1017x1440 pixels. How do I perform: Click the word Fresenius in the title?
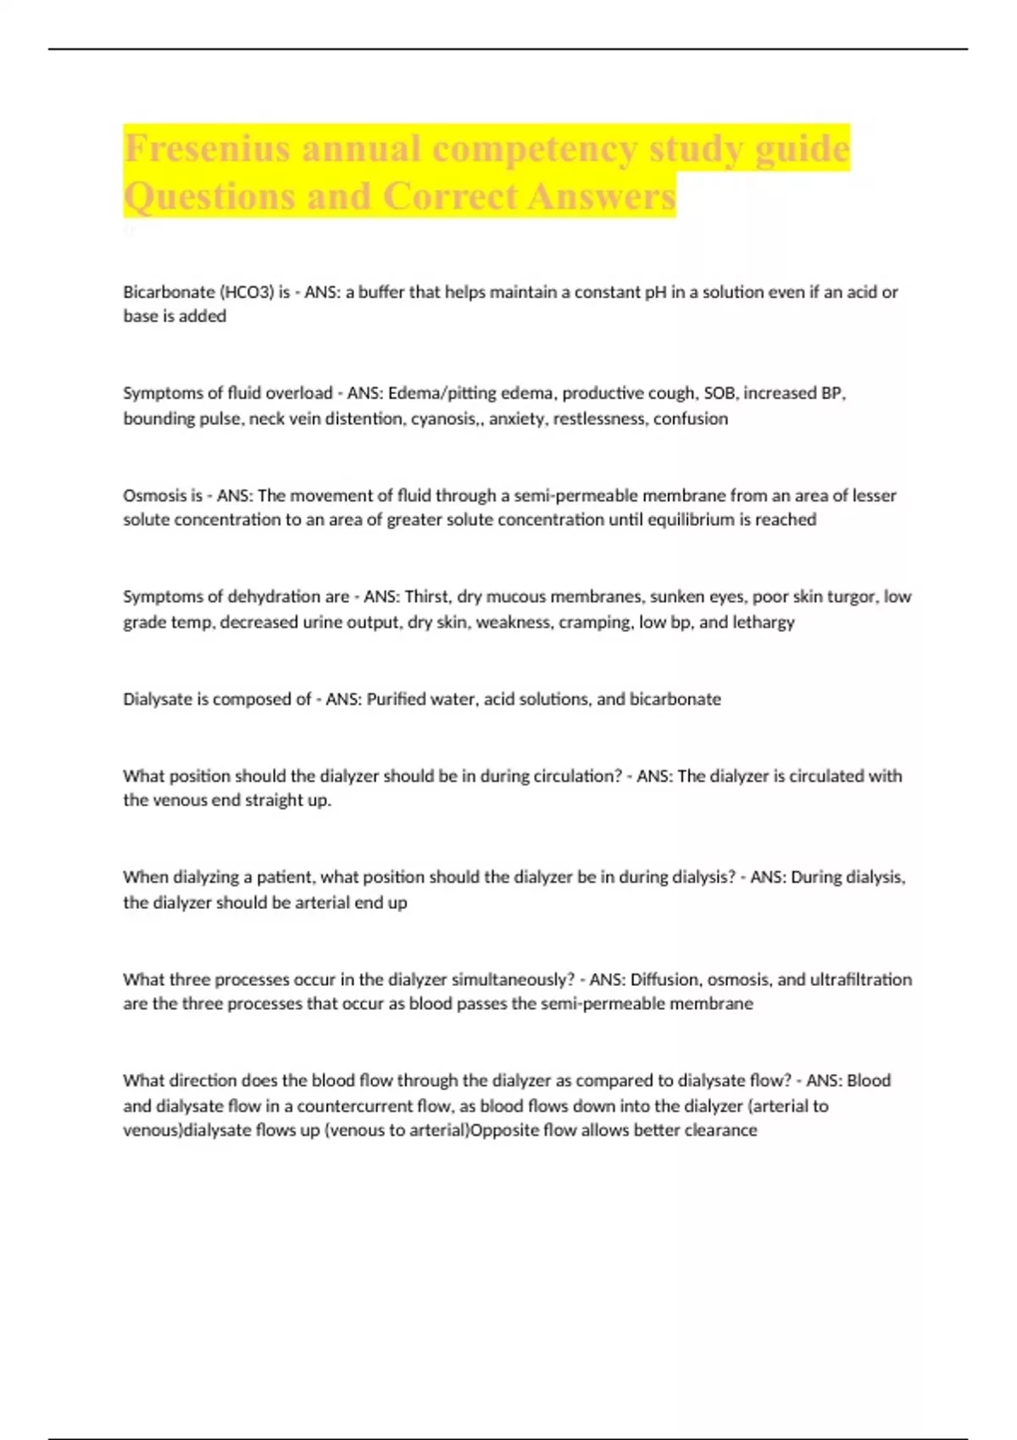coord(208,149)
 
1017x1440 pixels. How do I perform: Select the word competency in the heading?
coord(536,149)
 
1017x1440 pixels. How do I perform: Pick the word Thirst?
coord(427,596)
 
